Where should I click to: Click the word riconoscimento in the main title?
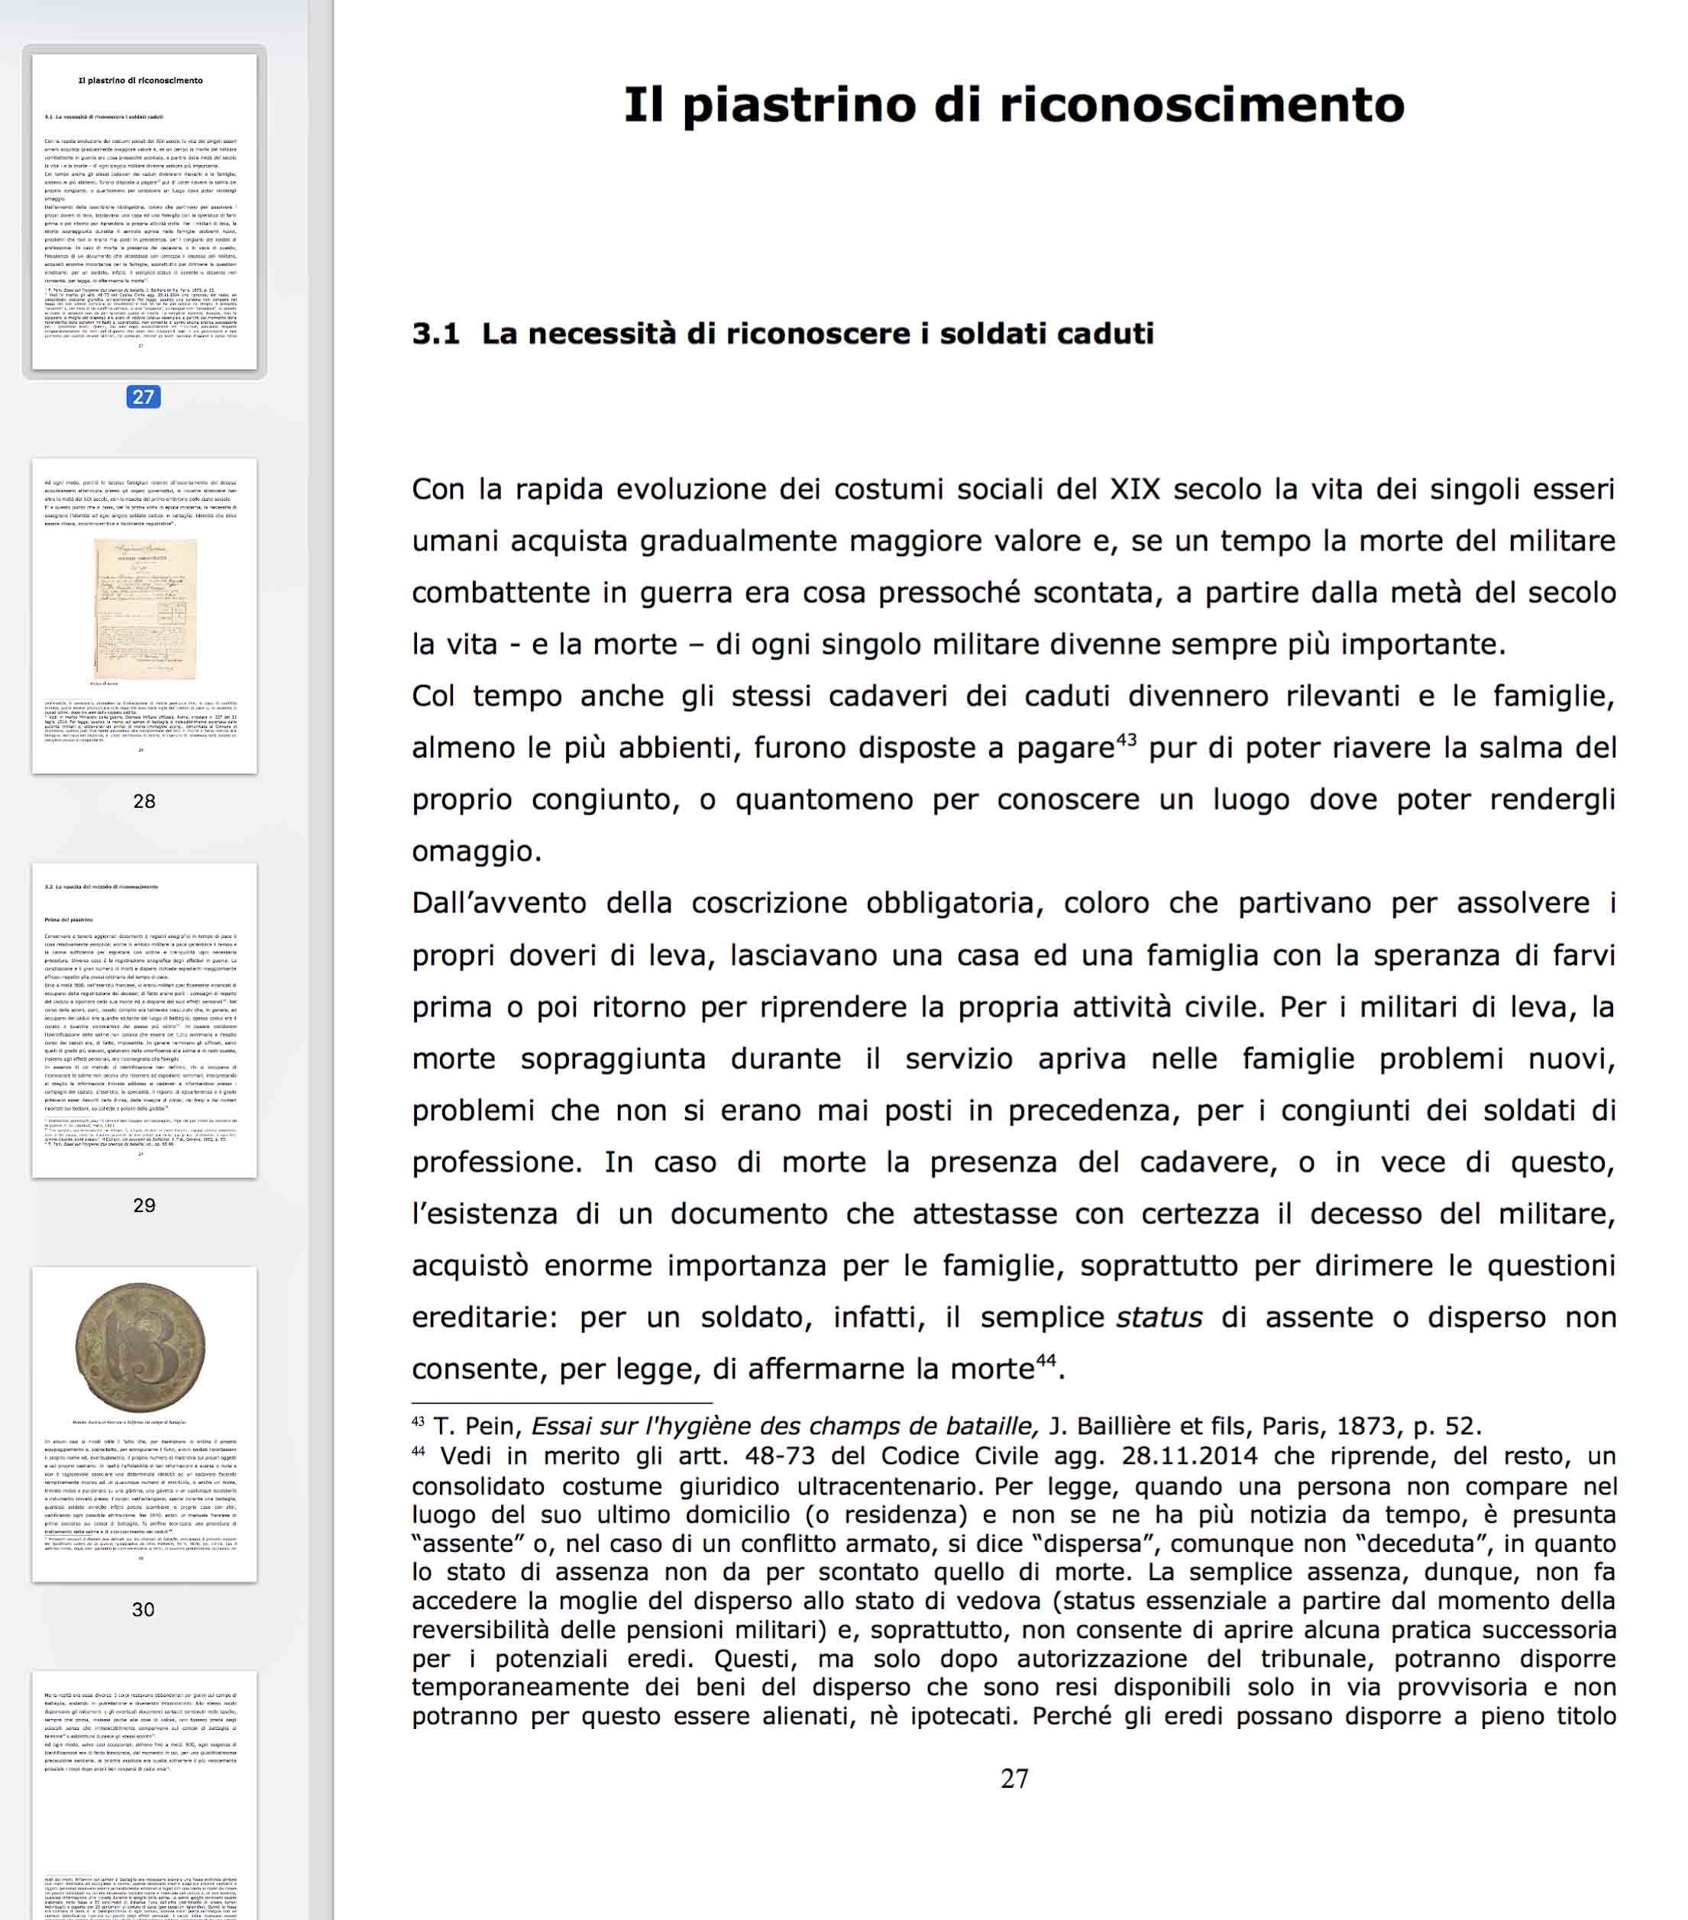pyautogui.click(x=1201, y=105)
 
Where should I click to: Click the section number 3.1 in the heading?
pyautogui.click(x=436, y=334)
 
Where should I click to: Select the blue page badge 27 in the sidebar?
pyautogui.click(x=144, y=397)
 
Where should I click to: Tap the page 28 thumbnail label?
pyautogui.click(x=144, y=801)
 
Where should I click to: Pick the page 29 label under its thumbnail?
pyautogui.click(x=144, y=1205)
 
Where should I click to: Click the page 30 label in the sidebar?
pyautogui.click(x=144, y=1609)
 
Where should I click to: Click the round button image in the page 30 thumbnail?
pyautogui.click(x=141, y=1347)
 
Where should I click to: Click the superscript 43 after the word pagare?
pyautogui.click(x=1127, y=739)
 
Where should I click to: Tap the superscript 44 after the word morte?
pyautogui.click(x=1046, y=1360)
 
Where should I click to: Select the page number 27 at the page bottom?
pyautogui.click(x=1014, y=1778)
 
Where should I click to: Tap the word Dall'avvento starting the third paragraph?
pyautogui.click(x=499, y=903)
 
